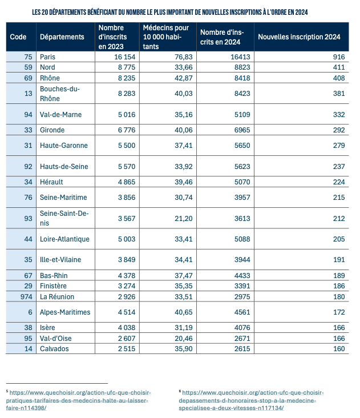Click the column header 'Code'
(x=18, y=37)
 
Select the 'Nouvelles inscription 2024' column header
(x=299, y=37)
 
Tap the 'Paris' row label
(x=48, y=57)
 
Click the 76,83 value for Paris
(x=177, y=57)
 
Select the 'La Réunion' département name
(x=57, y=296)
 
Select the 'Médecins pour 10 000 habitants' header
(x=166, y=37)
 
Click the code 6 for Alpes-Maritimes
(x=30, y=312)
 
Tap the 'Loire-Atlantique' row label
(x=64, y=239)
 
